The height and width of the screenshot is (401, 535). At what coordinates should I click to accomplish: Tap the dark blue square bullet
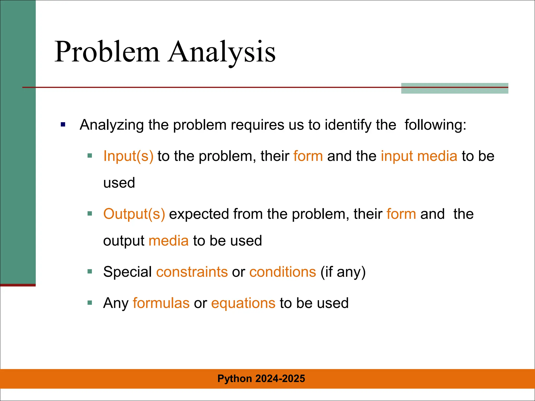[63, 125]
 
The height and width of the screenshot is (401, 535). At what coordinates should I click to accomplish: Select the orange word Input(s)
[128, 156]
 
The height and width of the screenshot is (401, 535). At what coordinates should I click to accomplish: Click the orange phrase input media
[419, 156]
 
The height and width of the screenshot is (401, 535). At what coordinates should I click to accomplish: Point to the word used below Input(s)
[119, 183]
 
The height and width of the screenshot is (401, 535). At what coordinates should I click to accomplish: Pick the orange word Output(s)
[134, 214]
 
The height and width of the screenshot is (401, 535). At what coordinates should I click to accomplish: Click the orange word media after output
[168, 241]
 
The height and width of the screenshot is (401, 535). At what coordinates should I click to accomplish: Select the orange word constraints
[192, 272]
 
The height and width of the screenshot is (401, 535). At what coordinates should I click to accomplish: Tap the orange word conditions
[283, 272]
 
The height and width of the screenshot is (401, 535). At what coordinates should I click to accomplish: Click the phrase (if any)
[343, 272]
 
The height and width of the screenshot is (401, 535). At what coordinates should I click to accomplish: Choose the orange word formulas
[161, 303]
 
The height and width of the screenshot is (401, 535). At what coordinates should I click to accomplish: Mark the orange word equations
[243, 303]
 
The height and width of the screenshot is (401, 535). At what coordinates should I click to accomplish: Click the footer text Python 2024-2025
[261, 379]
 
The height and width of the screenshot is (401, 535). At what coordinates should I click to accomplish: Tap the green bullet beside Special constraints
[90, 272]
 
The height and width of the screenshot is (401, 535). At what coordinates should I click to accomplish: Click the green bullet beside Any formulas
[90, 303]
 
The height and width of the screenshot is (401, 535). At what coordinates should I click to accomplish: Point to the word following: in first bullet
[435, 125]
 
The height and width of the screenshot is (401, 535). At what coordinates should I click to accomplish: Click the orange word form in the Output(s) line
[401, 214]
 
